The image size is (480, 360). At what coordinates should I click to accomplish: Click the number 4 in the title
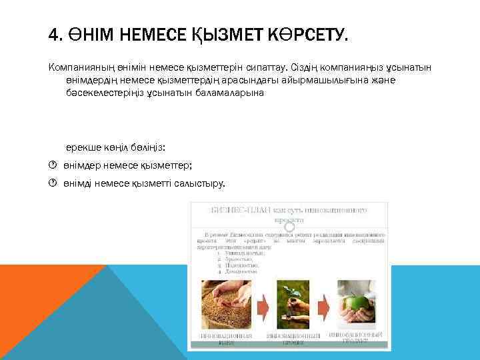[x=54, y=34]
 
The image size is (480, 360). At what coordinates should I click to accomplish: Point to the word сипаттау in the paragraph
[x=265, y=67]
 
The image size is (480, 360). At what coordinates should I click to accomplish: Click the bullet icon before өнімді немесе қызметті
[x=53, y=183]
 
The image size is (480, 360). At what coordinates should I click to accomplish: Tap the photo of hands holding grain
[x=226, y=304]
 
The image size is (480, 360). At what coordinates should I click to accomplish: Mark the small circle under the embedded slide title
[x=289, y=227]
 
